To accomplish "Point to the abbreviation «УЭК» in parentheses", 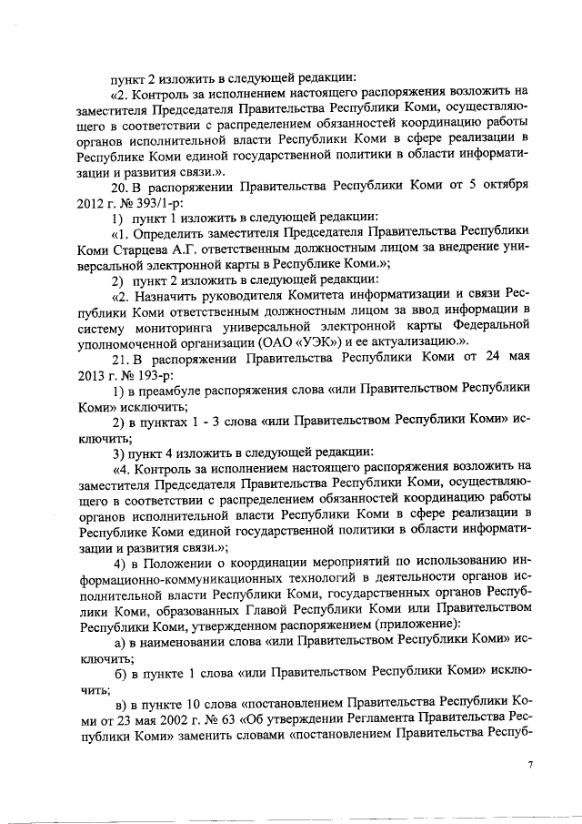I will [x=302, y=340].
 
